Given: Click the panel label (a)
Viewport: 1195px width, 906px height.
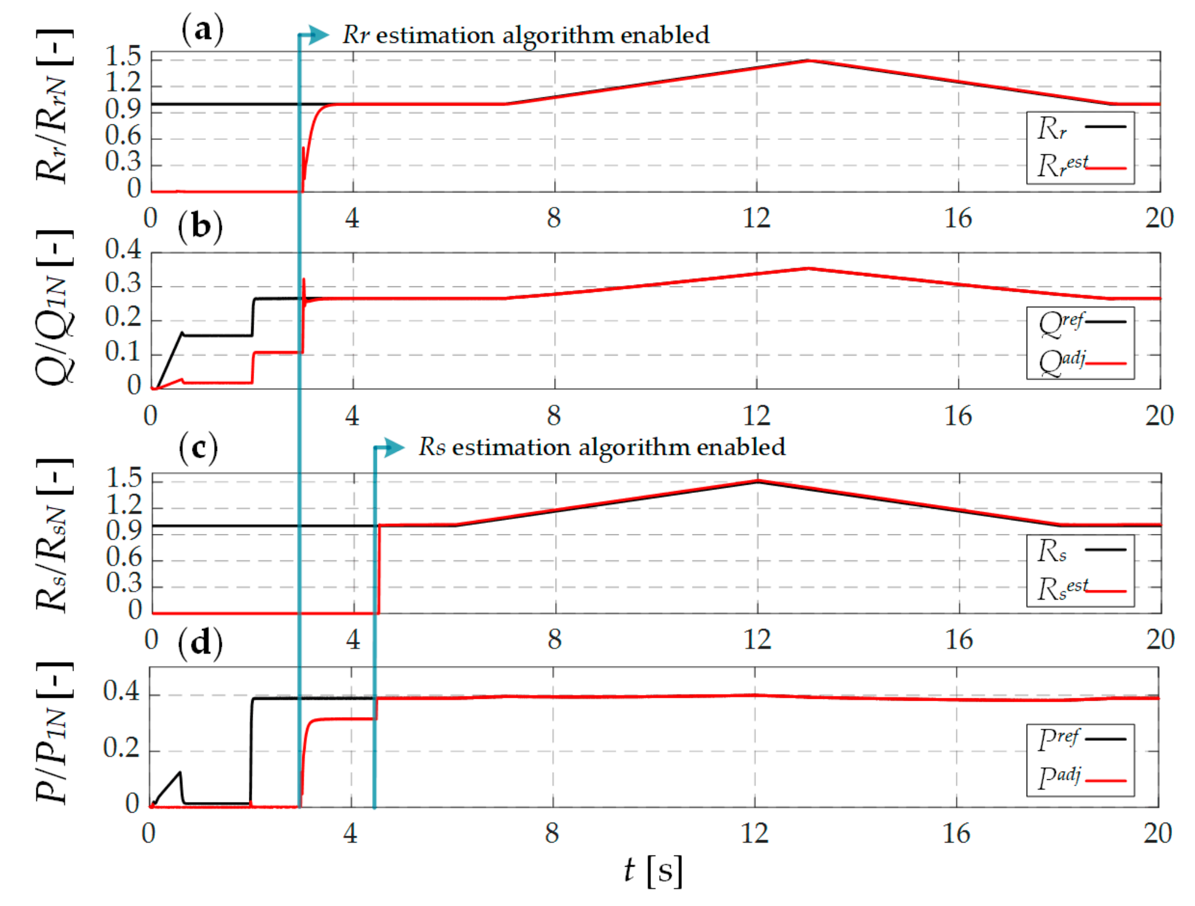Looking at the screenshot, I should pos(202,29).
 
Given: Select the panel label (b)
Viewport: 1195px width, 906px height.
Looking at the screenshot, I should pos(201,226).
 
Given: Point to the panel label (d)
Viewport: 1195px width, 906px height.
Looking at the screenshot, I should pos(200,643).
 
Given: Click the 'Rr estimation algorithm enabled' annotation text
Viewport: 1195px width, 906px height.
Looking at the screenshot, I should pos(526,35).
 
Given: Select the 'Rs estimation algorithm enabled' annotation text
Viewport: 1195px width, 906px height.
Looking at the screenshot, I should pos(602,448).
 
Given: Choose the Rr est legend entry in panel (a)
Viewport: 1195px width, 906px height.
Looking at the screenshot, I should pos(1080,165).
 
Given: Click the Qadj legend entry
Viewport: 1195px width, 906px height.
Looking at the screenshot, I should pos(1080,363).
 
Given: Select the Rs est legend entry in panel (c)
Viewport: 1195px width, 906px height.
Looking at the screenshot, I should pos(1080,589).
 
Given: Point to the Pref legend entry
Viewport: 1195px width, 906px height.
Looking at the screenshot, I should pos(1080,739).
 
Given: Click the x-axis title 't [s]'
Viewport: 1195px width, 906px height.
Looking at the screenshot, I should pos(653,871).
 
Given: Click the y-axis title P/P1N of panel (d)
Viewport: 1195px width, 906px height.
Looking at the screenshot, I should pos(53,733).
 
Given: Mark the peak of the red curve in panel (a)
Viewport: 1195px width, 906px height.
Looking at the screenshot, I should pos(808,60).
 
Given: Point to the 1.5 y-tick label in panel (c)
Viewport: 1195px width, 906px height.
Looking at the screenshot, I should pos(124,479).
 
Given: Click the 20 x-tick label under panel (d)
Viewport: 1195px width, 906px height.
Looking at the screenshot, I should pos(1157,834).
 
